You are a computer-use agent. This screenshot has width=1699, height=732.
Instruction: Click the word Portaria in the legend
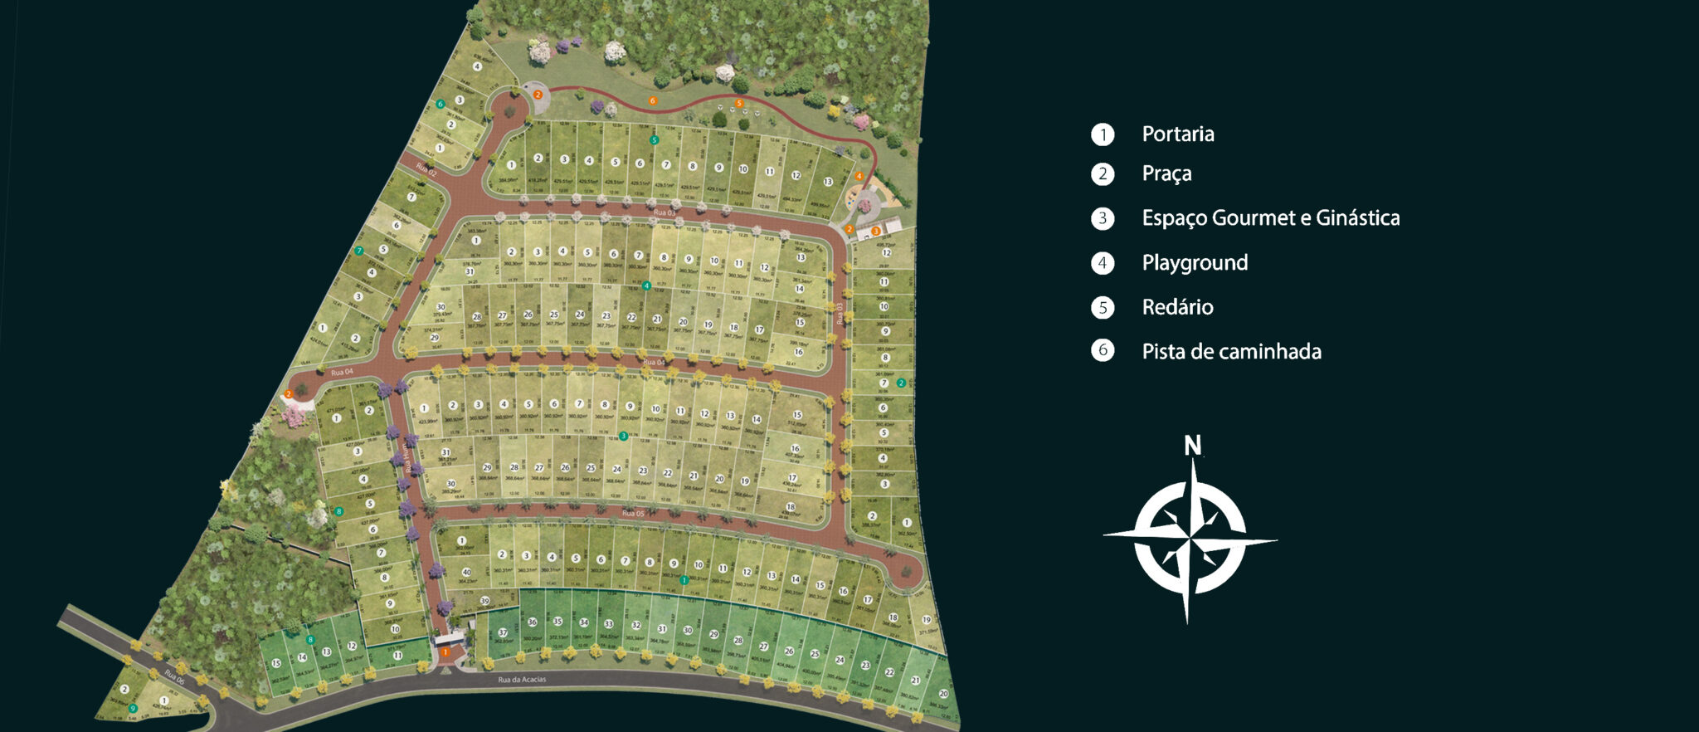[x=1177, y=134]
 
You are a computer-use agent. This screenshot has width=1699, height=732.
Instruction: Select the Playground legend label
[x=1195, y=263]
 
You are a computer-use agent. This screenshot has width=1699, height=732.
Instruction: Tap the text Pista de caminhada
[x=1231, y=352]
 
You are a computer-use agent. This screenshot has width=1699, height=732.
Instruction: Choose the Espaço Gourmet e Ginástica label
[x=1270, y=218]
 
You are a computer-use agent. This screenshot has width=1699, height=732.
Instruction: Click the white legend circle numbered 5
[x=1103, y=308]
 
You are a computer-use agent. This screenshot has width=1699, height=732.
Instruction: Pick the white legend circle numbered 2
[x=1103, y=174]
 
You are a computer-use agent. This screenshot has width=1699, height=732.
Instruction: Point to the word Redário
[x=1177, y=308]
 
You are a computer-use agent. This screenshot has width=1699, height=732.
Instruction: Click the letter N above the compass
[x=1192, y=446]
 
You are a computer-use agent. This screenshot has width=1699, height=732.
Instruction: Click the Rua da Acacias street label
[x=522, y=681]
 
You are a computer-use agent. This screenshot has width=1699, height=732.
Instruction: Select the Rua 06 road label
[x=174, y=676]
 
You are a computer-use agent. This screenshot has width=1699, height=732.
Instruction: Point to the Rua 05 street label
[x=633, y=514]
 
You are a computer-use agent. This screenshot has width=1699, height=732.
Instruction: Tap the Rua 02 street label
[x=426, y=170]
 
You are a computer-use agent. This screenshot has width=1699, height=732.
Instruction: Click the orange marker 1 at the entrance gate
[x=445, y=653]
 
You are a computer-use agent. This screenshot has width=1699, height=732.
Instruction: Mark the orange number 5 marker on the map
[x=738, y=104]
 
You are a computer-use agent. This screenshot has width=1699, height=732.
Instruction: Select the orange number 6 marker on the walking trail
[x=652, y=101]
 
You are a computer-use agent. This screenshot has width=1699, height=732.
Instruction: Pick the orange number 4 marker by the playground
[x=859, y=176]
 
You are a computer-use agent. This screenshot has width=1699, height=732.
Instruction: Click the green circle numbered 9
[x=133, y=708]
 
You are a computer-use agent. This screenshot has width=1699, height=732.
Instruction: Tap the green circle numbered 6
[x=441, y=105]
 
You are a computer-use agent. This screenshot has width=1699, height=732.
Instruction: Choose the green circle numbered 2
[x=901, y=383]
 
